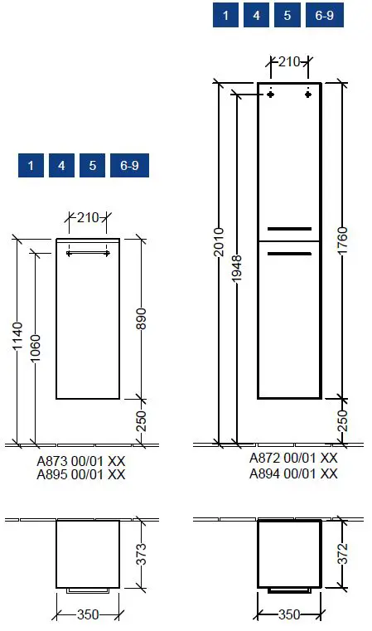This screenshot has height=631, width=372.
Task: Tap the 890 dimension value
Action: pyautogui.click(x=141, y=319)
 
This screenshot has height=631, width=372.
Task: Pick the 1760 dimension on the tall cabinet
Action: pyautogui.click(x=342, y=240)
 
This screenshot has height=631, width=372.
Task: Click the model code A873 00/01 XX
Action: pyautogui.click(x=81, y=461)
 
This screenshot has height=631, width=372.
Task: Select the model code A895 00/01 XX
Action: pyautogui.click(x=81, y=474)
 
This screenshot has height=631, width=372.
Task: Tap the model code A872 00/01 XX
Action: pyautogui.click(x=293, y=458)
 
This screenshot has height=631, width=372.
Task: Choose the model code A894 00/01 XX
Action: pyautogui.click(x=293, y=473)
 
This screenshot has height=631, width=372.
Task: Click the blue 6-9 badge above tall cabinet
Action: pyautogui.click(x=324, y=16)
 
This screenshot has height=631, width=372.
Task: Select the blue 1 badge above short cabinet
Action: pyautogui.click(x=31, y=166)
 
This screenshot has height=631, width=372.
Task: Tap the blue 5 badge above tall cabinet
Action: pyautogui.click(x=287, y=16)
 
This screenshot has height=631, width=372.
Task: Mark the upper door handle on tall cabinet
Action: pyautogui.click(x=289, y=228)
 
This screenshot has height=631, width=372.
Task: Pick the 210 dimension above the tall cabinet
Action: pyautogui.click(x=289, y=61)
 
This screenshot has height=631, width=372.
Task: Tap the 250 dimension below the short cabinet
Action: pyautogui.click(x=141, y=421)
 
